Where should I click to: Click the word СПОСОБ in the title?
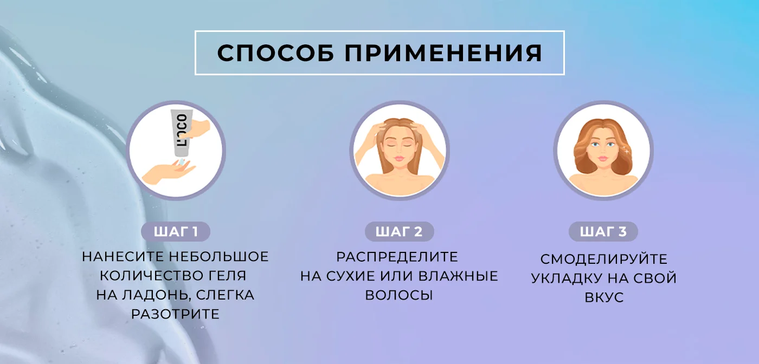[x=276, y=53]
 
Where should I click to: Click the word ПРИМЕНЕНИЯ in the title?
[x=443, y=53]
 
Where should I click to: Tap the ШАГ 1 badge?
[x=176, y=232]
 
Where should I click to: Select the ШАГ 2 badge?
[x=399, y=232]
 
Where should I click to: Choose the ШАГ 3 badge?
[x=603, y=232]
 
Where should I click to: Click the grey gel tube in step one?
[x=182, y=133]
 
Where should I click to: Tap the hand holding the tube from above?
[x=200, y=129]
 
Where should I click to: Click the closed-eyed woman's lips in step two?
[x=399, y=158]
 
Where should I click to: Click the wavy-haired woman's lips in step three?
[x=603, y=158]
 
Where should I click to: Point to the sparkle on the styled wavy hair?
[x=627, y=151]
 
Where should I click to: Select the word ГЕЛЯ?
[x=227, y=276]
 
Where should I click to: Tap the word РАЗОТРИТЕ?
[x=175, y=314]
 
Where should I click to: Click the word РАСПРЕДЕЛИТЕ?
[x=397, y=257]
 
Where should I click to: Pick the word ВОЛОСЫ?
[x=399, y=295]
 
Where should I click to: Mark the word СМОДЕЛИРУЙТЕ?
[x=604, y=259]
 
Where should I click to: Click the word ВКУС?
[x=604, y=297]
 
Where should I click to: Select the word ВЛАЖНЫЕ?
[x=458, y=276]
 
